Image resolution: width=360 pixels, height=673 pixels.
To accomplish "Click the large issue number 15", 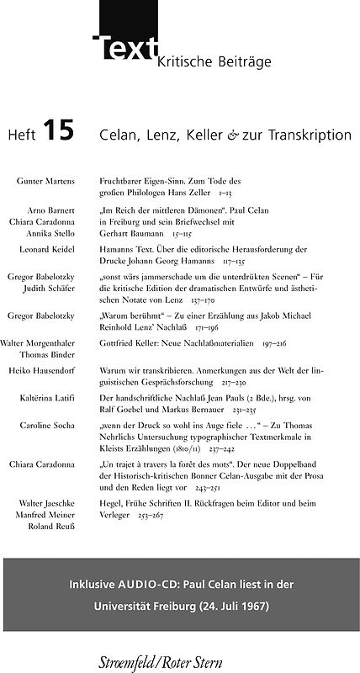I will [60, 131].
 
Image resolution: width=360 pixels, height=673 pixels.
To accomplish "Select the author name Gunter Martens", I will [45, 181].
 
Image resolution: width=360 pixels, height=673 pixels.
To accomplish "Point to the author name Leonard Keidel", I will [47, 250].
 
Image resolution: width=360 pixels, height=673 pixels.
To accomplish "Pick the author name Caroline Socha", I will [47, 426].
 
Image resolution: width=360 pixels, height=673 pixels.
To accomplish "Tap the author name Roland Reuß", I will [53, 527].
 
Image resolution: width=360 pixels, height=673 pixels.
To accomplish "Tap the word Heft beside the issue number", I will [21, 135].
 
